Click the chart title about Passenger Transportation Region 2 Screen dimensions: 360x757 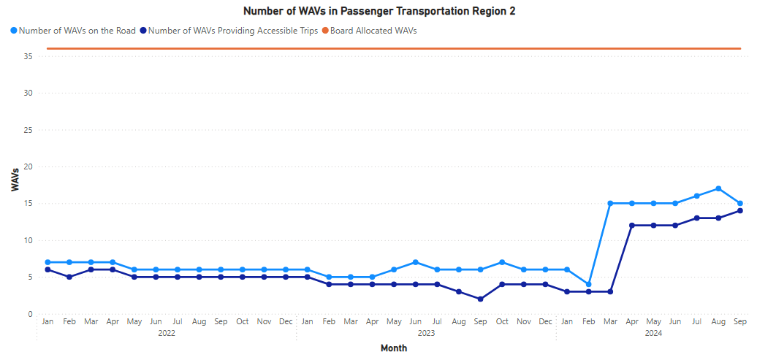(379, 11)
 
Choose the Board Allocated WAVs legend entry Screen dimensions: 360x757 (373, 31)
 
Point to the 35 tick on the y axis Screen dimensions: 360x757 (28, 56)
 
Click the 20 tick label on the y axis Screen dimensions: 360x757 (28, 166)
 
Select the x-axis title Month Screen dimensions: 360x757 (394, 348)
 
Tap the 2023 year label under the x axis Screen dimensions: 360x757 (426, 333)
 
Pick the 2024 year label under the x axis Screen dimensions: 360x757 (653, 333)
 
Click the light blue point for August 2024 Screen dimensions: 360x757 (718, 188)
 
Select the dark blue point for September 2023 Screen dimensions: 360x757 (480, 299)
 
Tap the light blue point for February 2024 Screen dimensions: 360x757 (589, 284)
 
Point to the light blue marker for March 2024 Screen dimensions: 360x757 (610, 203)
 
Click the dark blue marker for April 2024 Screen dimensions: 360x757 (632, 225)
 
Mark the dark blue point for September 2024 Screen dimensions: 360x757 (740, 210)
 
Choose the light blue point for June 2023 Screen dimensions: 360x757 (415, 262)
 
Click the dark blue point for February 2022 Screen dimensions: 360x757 (69, 277)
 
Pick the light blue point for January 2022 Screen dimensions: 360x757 (47, 262)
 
